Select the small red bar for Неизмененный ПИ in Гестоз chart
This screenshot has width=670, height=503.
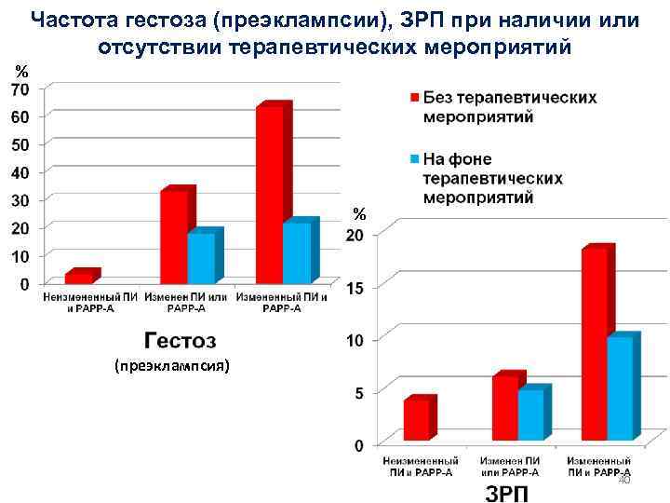pyautogui.click(x=78, y=277)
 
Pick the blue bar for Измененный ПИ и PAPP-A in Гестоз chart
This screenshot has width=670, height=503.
pyautogui.click(x=297, y=252)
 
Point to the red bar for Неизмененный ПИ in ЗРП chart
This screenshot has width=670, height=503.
pyautogui.click(x=416, y=419)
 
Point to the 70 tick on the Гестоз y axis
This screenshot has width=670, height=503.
pyautogui.click(x=20, y=88)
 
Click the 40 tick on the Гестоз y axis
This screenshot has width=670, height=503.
pyautogui.click(x=20, y=171)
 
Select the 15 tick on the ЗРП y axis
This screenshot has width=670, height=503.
pyautogui.click(x=355, y=290)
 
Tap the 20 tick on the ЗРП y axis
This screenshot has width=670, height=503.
pyautogui.click(x=355, y=237)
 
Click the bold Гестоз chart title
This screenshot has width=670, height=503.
pyautogui.click(x=179, y=340)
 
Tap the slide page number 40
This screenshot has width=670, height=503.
pyautogui.click(x=624, y=479)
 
